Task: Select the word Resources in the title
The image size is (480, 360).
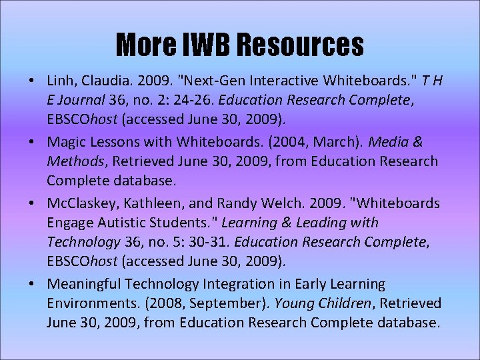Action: point(300,45)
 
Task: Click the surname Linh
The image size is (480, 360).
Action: point(61,81)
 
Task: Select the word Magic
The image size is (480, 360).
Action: point(67,143)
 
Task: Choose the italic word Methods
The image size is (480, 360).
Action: point(73,161)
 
